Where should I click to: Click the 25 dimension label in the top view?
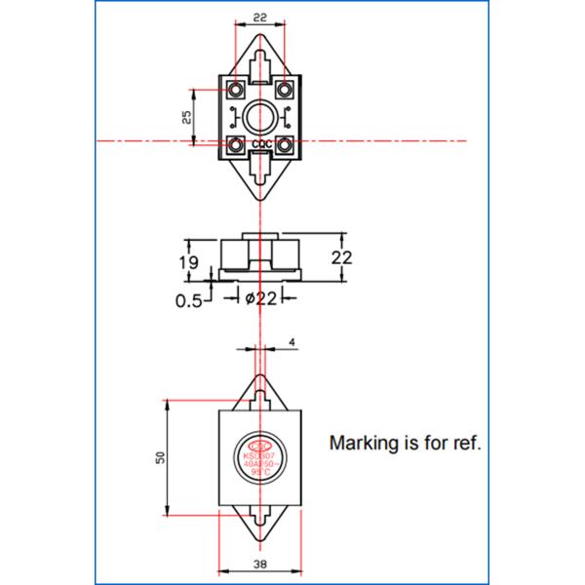[x=187, y=116]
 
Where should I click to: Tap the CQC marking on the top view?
[x=261, y=146]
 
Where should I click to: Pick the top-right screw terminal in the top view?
[x=285, y=91]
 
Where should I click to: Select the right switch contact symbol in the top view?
[x=284, y=120]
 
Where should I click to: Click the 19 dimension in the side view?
[x=189, y=263]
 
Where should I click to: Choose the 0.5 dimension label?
[x=189, y=300]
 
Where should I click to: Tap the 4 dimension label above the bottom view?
[x=292, y=342]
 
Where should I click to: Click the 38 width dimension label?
[x=260, y=563]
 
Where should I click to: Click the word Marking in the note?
[x=363, y=443]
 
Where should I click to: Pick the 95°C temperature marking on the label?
[x=261, y=472]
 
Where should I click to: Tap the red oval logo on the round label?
[x=261, y=440]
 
